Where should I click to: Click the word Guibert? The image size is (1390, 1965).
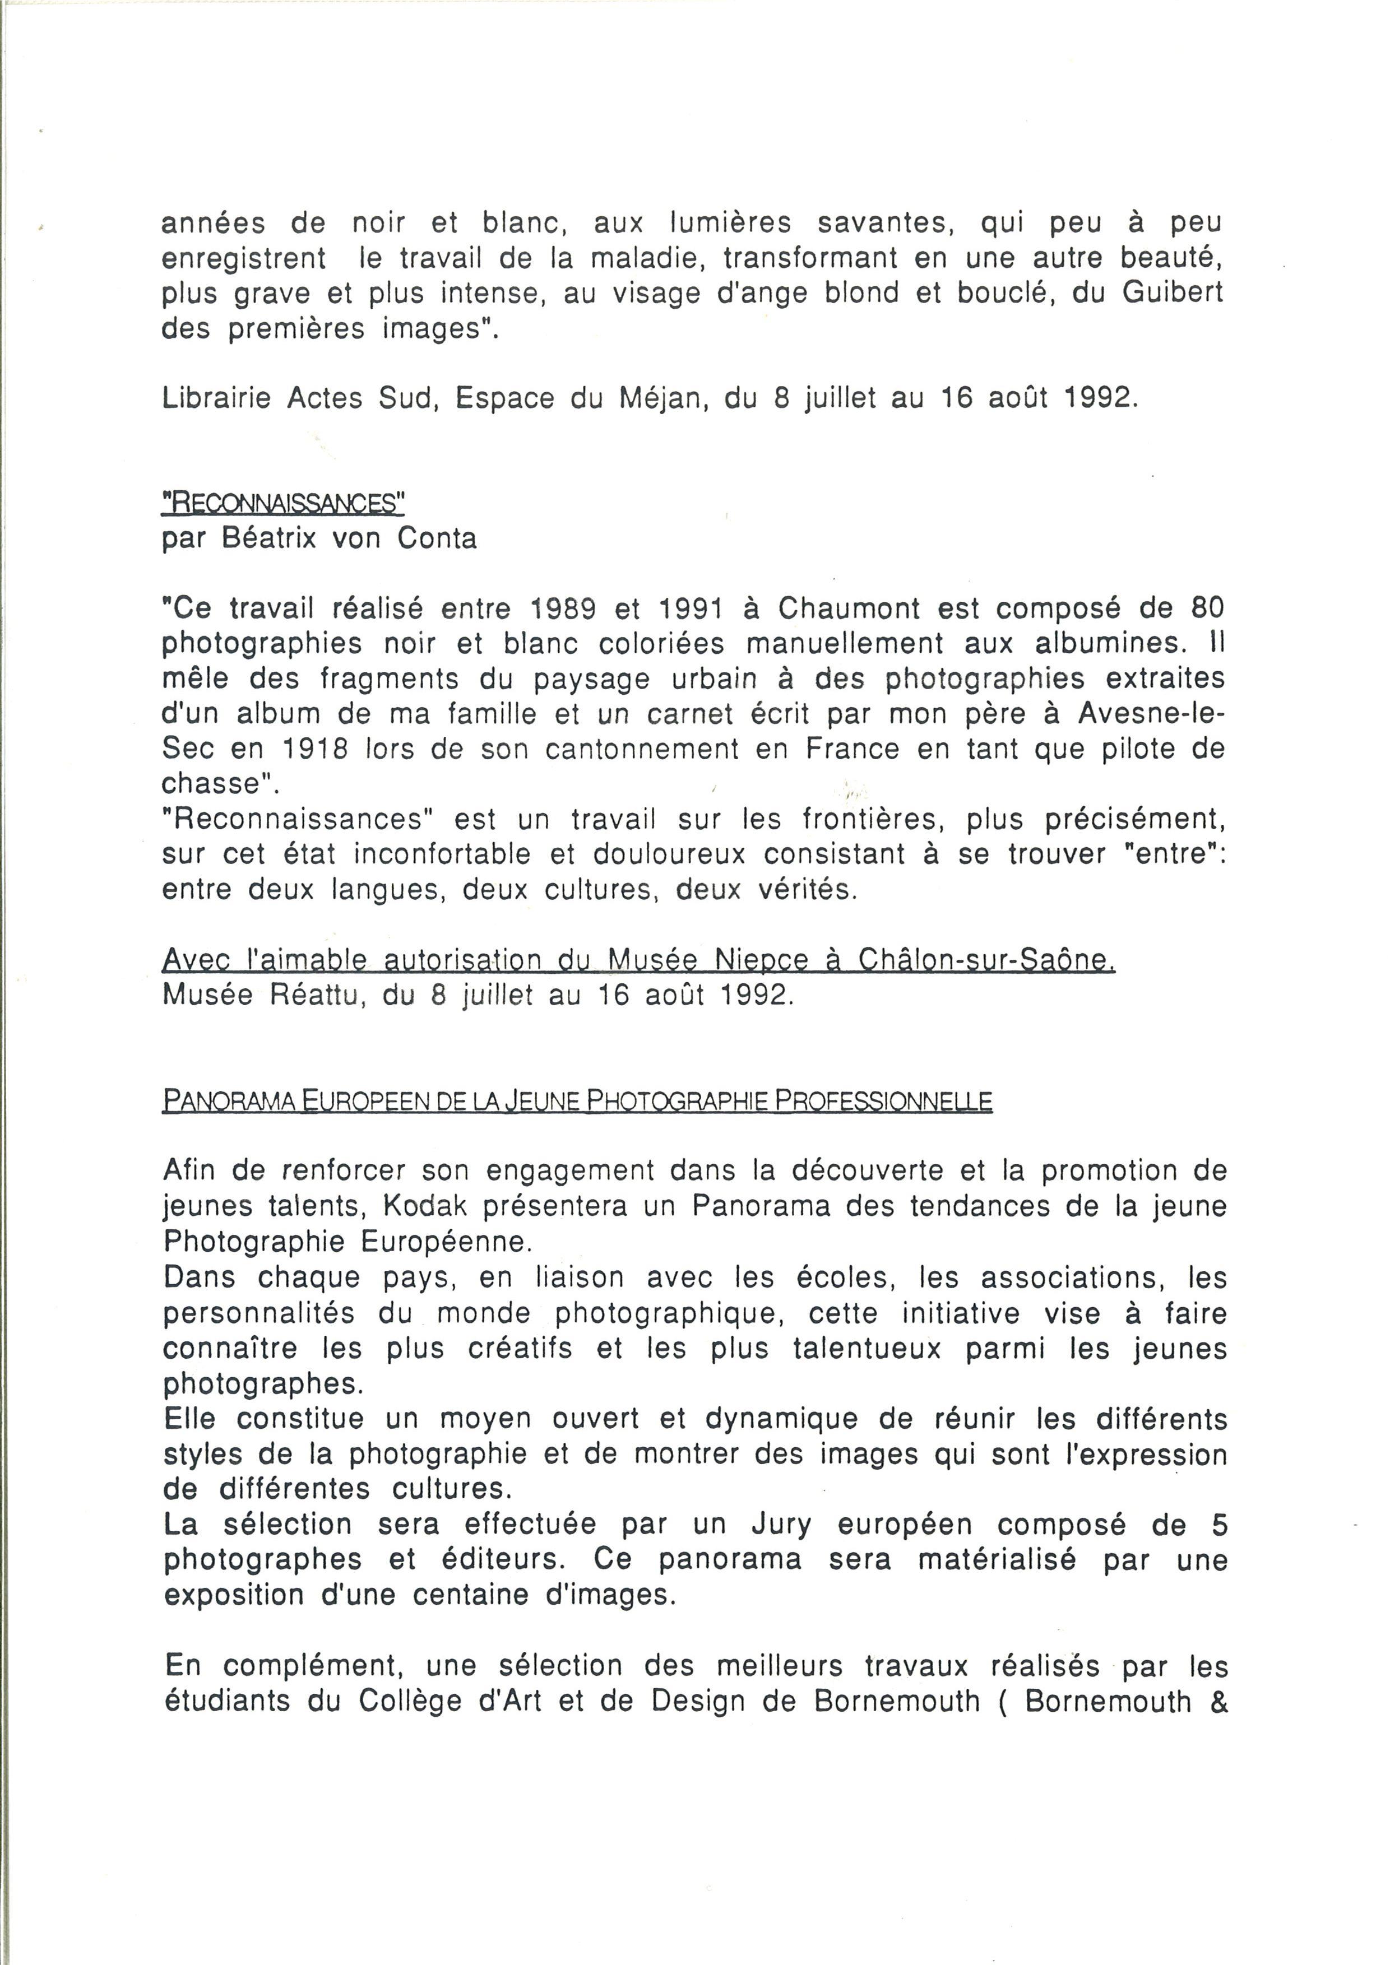1172,294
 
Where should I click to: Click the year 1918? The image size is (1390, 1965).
314,750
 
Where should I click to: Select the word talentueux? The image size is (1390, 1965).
866,1348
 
